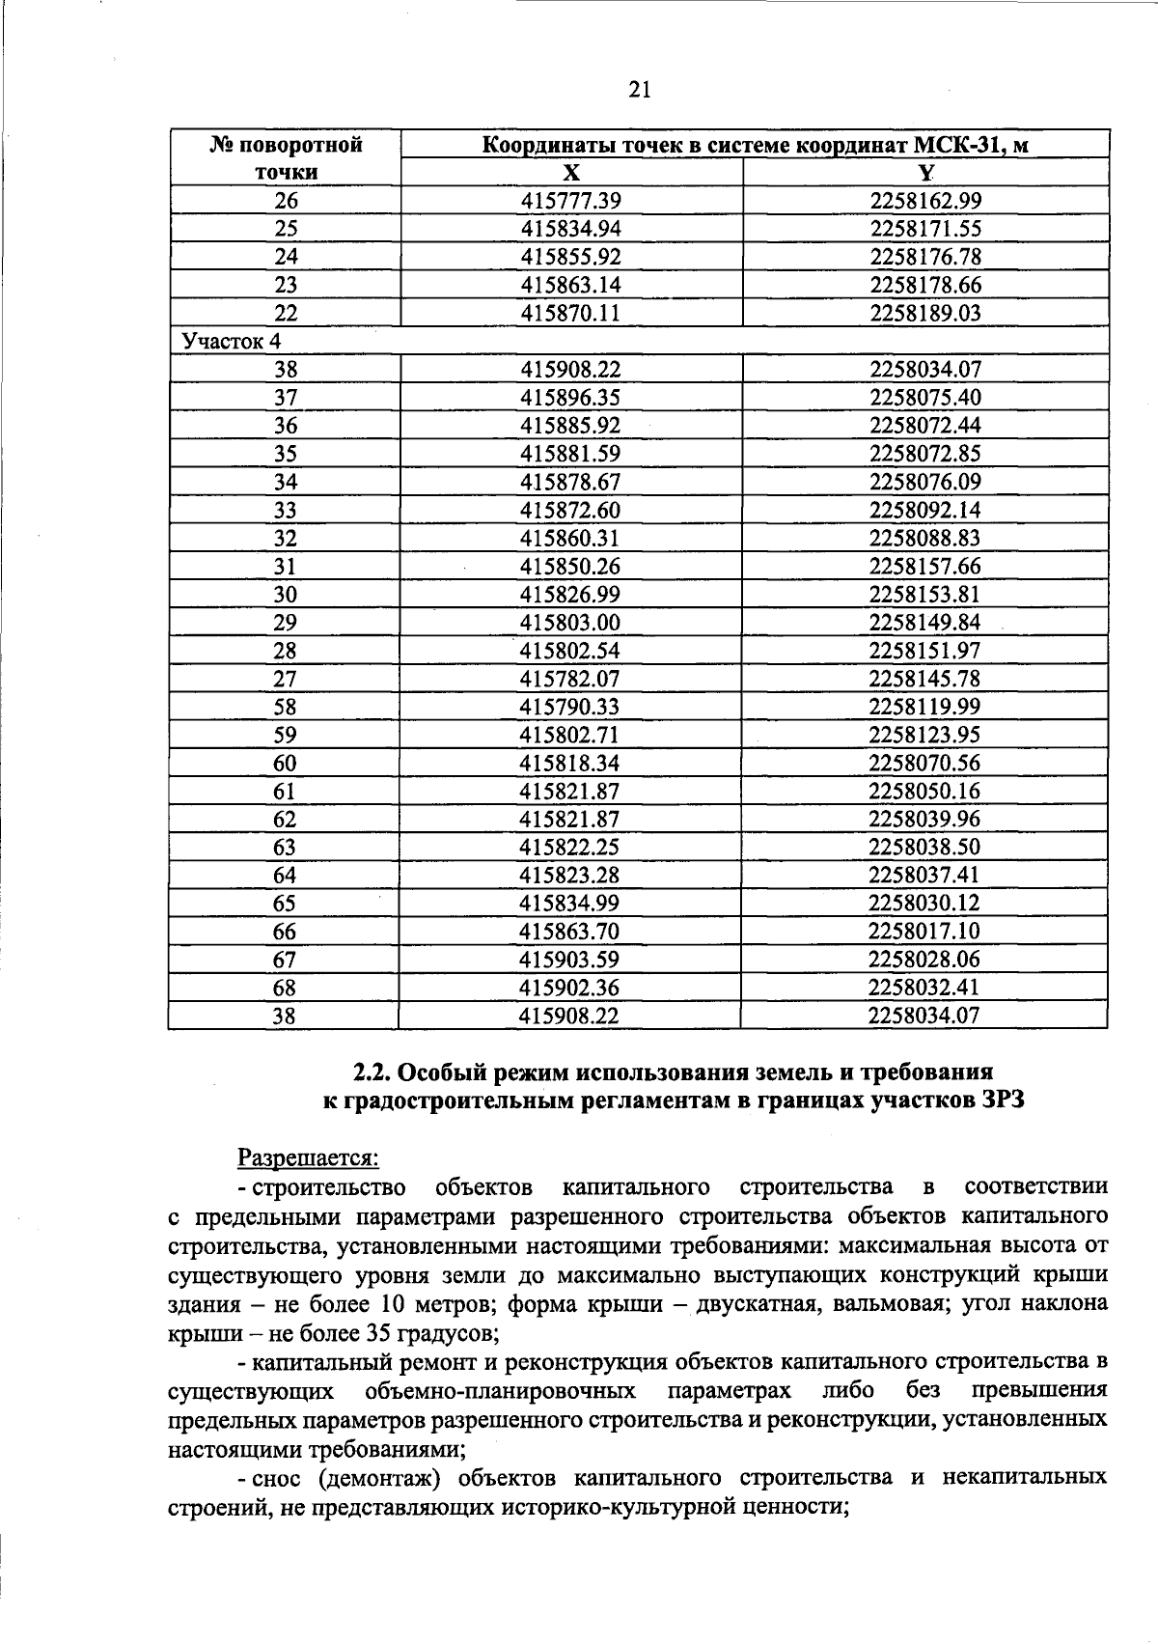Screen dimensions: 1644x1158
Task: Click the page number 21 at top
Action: coord(639,90)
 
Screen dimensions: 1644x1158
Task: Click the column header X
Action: coord(571,173)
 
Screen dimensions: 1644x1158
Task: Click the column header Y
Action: coord(925,173)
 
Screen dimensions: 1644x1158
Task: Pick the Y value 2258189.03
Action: coord(925,313)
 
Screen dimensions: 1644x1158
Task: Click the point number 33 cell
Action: coord(285,510)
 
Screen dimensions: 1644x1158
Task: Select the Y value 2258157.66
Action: coord(925,566)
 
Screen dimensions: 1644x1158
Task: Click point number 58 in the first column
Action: coord(285,707)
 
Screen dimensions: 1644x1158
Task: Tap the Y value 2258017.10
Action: coord(924,932)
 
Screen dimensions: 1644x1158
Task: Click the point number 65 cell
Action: coord(285,904)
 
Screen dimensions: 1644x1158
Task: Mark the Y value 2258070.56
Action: coord(924,763)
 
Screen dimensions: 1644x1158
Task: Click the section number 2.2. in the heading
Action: coord(372,1073)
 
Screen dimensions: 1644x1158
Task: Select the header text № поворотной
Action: coord(287,146)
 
